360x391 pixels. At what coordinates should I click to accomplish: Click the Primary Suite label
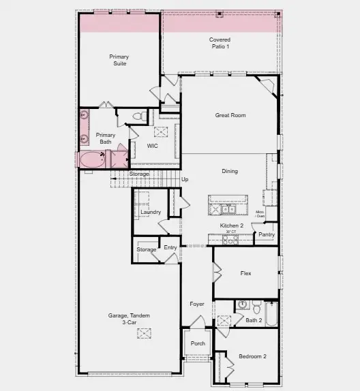coord(119,60)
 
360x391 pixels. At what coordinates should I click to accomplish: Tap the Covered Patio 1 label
coord(220,43)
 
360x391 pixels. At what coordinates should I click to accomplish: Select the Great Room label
coord(230,115)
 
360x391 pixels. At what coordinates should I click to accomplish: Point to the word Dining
coord(229,171)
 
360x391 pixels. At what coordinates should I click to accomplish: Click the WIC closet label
coord(153,146)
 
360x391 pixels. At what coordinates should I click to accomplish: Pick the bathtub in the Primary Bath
coord(91,160)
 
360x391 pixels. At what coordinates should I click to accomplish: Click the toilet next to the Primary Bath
coord(136,117)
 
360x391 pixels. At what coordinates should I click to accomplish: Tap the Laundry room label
coord(150,213)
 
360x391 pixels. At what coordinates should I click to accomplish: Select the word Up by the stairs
coord(184,179)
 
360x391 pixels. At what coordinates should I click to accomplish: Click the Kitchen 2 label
coord(231,225)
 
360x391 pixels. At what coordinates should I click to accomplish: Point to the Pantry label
coord(266,235)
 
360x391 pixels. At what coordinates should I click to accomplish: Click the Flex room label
coord(245,273)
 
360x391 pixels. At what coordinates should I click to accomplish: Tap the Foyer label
coord(196,304)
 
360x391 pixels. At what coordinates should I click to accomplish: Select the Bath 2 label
coord(254,320)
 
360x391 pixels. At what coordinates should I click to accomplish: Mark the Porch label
coord(198,343)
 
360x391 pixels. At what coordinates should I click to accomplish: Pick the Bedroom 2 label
coord(252,356)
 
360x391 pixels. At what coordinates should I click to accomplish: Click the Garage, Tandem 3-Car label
coord(129,319)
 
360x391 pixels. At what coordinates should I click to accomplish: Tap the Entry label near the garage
coord(170,247)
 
